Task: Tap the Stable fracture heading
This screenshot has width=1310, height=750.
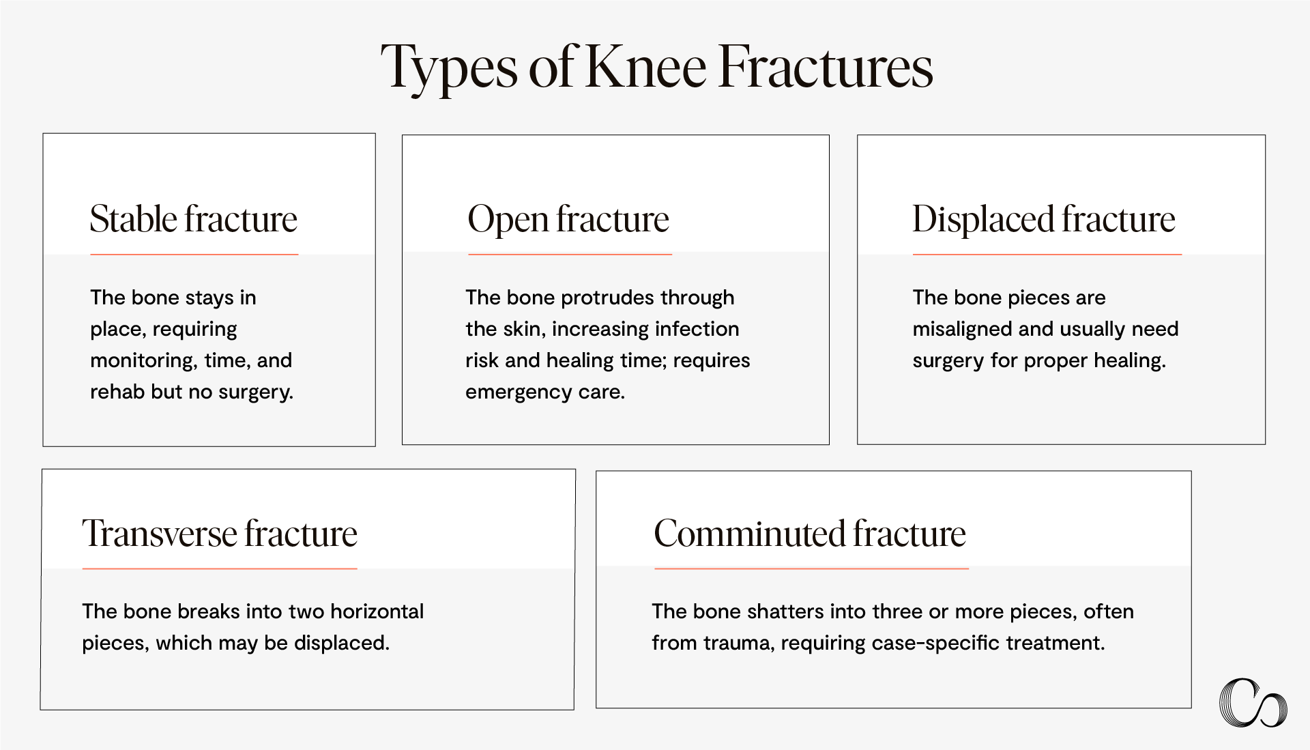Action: click(194, 219)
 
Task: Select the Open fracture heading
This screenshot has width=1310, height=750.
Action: click(568, 219)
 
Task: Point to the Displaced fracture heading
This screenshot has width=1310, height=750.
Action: click(1044, 219)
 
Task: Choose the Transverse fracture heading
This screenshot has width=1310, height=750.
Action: click(220, 533)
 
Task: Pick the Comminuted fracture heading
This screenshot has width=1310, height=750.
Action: click(810, 533)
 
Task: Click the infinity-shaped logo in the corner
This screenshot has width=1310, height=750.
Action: click(1253, 702)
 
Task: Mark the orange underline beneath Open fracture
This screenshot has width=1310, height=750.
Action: click(570, 255)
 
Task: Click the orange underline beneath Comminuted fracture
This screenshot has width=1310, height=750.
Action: click(811, 568)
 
